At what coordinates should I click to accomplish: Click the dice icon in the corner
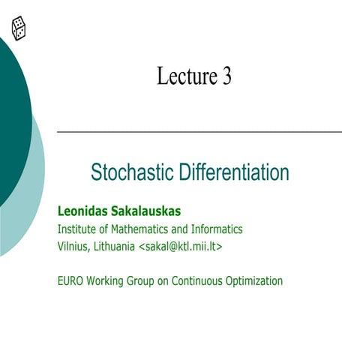coord(19,27)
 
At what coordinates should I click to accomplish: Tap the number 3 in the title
coord(226,76)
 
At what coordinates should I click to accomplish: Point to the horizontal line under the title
coord(199,131)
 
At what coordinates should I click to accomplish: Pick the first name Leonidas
coord(85,211)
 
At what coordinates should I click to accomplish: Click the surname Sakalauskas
coord(149,211)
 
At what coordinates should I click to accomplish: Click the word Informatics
coord(217,229)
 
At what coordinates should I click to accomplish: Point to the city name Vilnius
coord(74,245)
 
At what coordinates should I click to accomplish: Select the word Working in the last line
coord(109,281)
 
